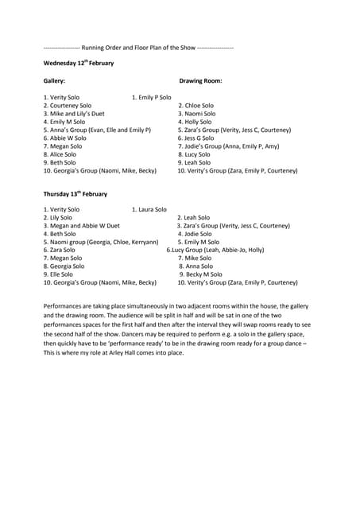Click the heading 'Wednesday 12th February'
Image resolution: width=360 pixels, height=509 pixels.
tap(79, 62)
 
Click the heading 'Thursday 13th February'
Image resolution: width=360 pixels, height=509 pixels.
tap(75, 193)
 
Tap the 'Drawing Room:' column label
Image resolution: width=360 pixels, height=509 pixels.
tap(200, 81)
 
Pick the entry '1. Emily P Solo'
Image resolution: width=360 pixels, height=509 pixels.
tap(151, 97)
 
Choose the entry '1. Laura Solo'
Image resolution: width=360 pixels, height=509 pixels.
tap(149, 209)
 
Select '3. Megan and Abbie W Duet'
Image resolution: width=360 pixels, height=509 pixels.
tap(81, 226)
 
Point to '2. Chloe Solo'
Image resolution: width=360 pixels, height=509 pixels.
tap(195, 105)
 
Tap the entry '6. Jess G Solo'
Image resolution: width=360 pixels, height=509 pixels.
tap(195, 138)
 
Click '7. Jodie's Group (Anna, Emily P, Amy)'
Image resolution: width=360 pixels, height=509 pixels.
tap(229, 146)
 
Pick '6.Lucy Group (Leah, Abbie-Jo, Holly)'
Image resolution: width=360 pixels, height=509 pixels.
tap(215, 250)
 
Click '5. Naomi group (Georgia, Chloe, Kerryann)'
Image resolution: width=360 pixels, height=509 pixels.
tap(101, 242)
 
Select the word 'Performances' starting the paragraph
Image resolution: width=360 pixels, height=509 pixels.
tap(65, 305)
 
